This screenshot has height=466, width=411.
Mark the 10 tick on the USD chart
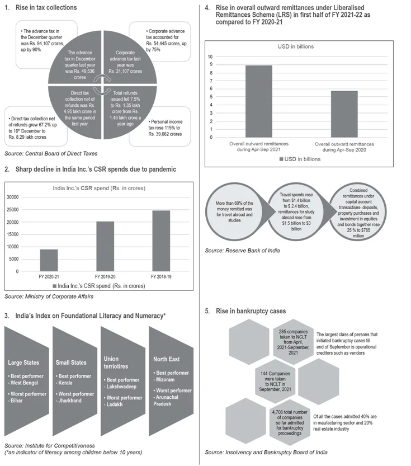[210, 57]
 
